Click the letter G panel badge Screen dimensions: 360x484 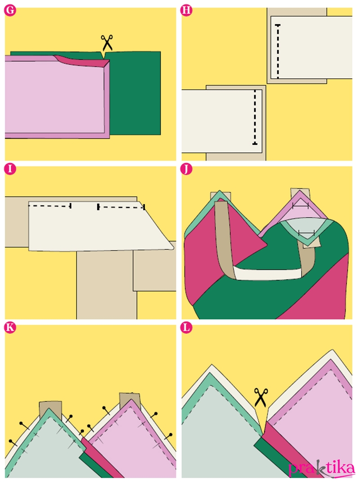tap(10, 10)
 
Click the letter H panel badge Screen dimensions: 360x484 tap(186, 10)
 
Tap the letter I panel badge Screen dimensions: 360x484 tap(10, 169)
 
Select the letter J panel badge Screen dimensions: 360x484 tap(186, 169)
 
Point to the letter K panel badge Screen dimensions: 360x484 tap(10, 327)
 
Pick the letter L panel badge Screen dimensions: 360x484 tap(186, 327)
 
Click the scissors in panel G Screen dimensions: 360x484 tap(107, 43)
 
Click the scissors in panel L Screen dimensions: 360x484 tap(261, 398)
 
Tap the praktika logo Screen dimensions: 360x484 tap(322, 469)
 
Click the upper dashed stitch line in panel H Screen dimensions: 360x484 tap(278, 51)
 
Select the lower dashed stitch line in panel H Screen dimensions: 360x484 tap(255, 117)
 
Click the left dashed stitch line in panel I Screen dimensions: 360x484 tap(50, 206)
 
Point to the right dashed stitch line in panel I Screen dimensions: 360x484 tap(121, 207)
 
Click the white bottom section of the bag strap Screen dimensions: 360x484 tap(267, 273)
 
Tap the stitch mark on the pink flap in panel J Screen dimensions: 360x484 tap(301, 206)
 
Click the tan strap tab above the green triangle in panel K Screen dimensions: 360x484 tap(51, 408)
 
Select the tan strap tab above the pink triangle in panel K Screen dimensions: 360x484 tap(130, 400)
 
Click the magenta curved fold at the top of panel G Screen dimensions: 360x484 tap(83, 61)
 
